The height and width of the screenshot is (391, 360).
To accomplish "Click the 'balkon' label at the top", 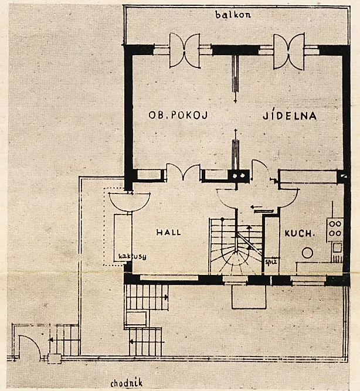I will (233, 15).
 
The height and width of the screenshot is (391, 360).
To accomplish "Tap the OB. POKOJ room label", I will (172, 116).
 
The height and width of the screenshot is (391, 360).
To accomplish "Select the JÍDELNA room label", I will (290, 116).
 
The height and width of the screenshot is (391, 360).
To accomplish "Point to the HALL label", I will (168, 232).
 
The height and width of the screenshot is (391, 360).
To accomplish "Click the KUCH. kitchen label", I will (300, 233).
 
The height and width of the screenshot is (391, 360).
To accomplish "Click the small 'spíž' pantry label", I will (270, 262).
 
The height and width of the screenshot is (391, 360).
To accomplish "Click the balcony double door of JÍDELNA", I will (289, 50).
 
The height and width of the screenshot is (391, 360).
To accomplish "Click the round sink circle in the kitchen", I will (307, 253).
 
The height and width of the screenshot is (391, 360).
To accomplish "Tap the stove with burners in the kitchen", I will (335, 228).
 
